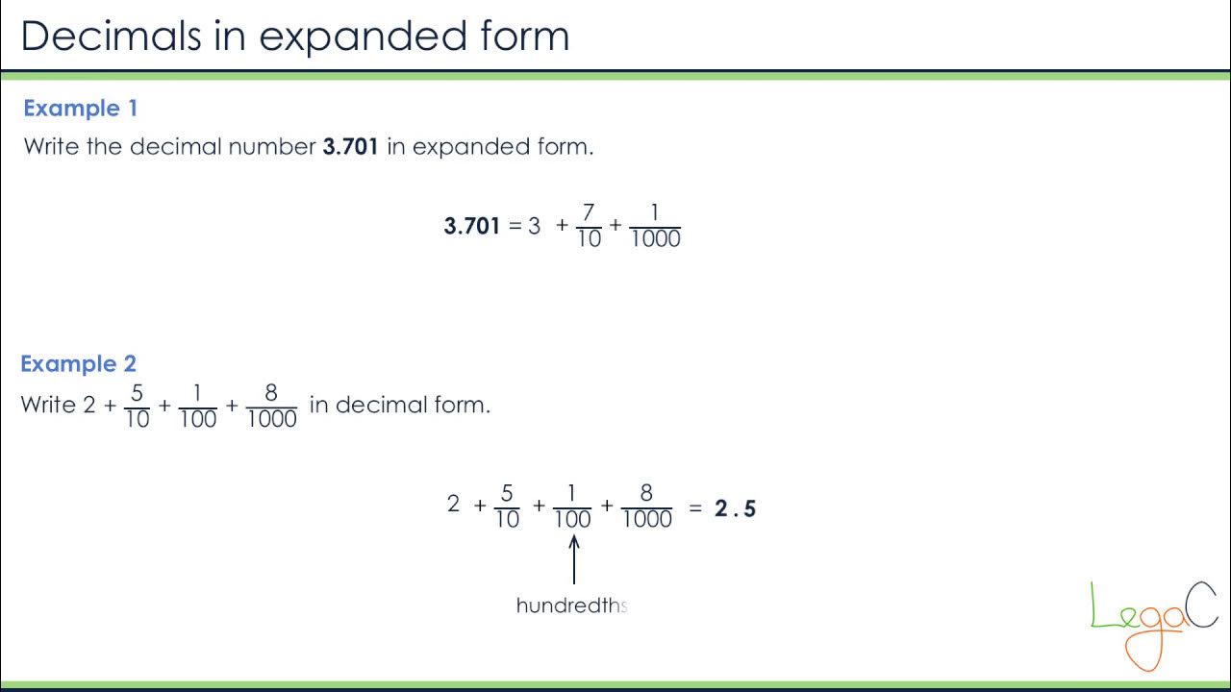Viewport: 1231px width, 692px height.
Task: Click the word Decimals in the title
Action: coord(111,36)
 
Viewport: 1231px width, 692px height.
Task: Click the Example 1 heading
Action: coord(80,109)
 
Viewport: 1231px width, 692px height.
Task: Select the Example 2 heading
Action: coord(78,364)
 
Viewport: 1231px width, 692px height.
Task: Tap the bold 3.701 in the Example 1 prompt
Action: coord(350,147)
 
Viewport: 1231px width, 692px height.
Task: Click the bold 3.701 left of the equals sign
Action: coord(471,227)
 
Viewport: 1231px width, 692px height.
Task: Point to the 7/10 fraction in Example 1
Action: coord(589,227)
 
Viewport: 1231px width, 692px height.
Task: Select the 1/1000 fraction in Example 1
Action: coord(655,227)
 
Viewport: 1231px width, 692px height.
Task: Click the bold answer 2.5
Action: coord(736,508)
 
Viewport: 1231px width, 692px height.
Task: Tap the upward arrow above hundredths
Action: coord(574,558)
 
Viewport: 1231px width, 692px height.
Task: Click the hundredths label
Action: coord(571,605)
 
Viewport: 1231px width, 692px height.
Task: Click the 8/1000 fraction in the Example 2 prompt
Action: coord(272,406)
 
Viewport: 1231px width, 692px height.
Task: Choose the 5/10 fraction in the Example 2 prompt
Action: coord(138,406)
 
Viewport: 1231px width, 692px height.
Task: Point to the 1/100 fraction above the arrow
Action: coord(572,507)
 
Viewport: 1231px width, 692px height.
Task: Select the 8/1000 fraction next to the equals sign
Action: coord(646,507)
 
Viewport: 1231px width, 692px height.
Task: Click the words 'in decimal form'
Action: coord(399,405)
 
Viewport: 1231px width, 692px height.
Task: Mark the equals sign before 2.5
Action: coord(695,507)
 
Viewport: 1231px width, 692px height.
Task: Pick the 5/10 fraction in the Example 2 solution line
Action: coord(507,507)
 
